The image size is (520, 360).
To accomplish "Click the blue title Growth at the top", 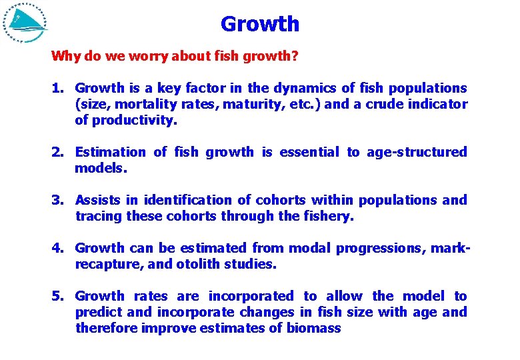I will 260,24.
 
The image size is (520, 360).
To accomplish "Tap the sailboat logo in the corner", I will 25,23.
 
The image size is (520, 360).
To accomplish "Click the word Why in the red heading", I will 65,56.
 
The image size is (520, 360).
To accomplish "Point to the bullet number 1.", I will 58,88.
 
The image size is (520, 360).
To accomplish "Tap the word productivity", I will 135,121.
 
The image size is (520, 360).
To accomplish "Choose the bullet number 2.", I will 58,152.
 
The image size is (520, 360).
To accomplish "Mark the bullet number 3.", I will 58,200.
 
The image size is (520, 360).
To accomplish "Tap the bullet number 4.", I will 58,248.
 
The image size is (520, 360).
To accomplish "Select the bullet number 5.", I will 58,296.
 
